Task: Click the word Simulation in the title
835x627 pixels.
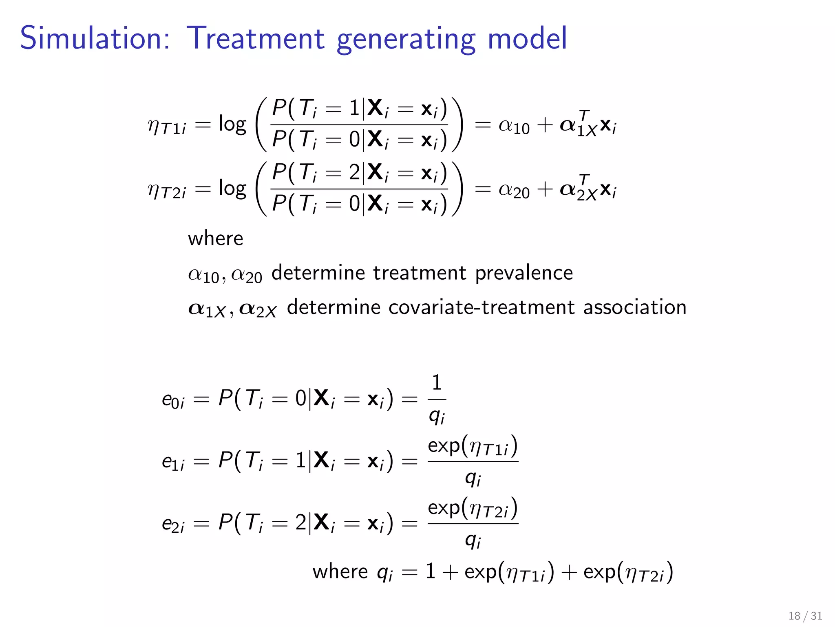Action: pyautogui.click(x=95, y=38)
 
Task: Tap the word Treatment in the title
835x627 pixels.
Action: pyautogui.click(x=255, y=38)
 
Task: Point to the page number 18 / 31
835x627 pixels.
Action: pyautogui.click(x=805, y=616)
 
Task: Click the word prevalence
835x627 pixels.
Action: pyautogui.click(x=524, y=273)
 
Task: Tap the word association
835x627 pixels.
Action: pyautogui.click(x=634, y=307)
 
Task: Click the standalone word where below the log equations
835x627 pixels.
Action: pyautogui.click(x=215, y=238)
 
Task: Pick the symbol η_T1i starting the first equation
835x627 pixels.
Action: pyautogui.click(x=167, y=126)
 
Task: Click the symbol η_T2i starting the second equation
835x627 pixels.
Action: pyautogui.click(x=167, y=190)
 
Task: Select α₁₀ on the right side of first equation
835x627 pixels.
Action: pyautogui.click(x=514, y=126)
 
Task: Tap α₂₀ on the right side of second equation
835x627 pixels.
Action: pyautogui.click(x=514, y=190)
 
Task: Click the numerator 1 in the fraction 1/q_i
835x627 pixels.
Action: pyautogui.click(x=437, y=383)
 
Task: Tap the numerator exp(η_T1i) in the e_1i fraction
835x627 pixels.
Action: pyautogui.click(x=473, y=446)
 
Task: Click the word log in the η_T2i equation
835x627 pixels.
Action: pyautogui.click(x=232, y=189)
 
